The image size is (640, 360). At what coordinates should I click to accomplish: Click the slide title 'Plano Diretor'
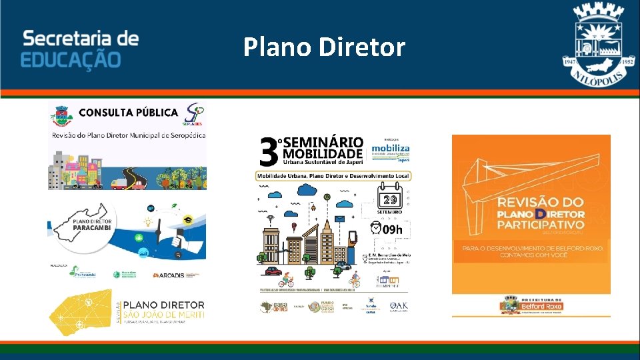(324, 47)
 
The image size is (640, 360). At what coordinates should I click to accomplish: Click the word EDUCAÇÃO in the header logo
(71, 60)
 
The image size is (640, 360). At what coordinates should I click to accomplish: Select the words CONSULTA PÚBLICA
(128, 112)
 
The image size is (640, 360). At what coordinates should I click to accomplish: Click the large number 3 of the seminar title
(269, 153)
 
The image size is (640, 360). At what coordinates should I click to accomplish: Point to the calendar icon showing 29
(389, 199)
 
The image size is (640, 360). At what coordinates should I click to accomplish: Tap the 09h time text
(393, 230)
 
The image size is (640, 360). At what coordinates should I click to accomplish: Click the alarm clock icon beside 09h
(377, 229)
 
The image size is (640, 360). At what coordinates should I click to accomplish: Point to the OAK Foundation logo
(399, 307)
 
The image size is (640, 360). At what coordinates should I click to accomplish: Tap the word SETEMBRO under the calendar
(389, 211)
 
